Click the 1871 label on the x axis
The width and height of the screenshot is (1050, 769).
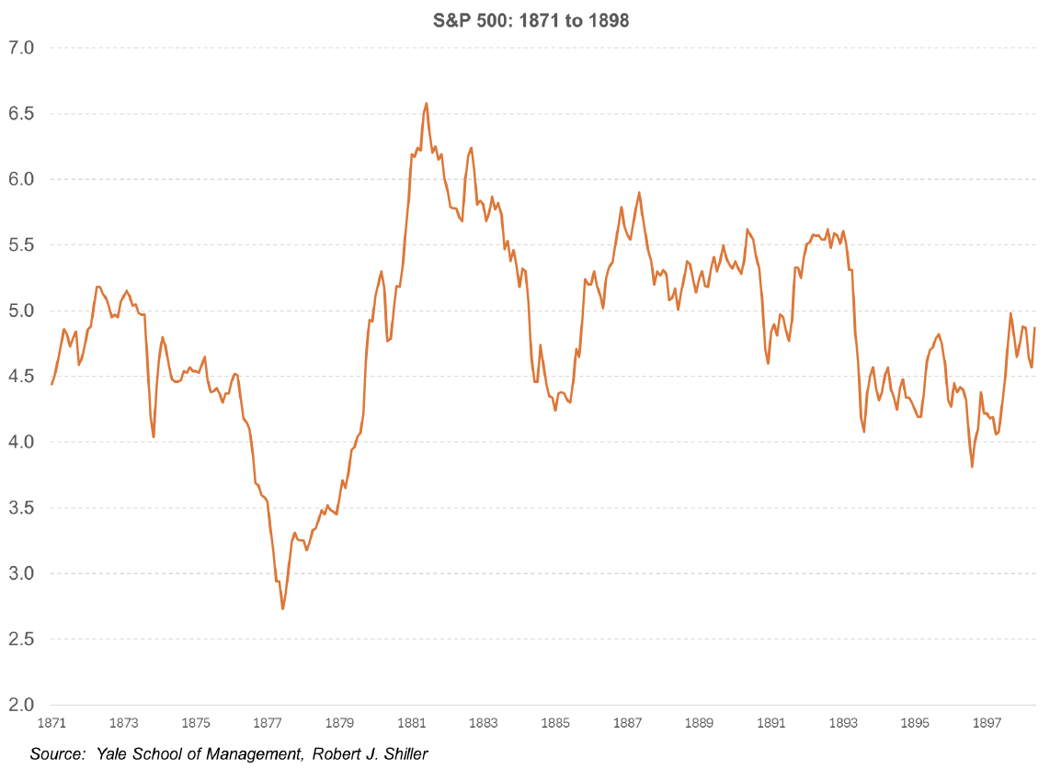[51, 723]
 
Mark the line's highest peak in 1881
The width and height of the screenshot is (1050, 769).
[426, 103]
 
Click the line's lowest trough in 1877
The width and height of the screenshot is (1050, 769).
[283, 608]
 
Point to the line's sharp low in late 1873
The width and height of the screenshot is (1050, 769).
[154, 436]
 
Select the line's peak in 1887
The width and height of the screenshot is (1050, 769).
[639, 192]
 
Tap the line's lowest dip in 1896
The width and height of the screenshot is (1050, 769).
[972, 467]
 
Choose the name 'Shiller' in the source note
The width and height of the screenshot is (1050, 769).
[401, 754]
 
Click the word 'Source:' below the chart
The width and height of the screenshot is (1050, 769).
[57, 754]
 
